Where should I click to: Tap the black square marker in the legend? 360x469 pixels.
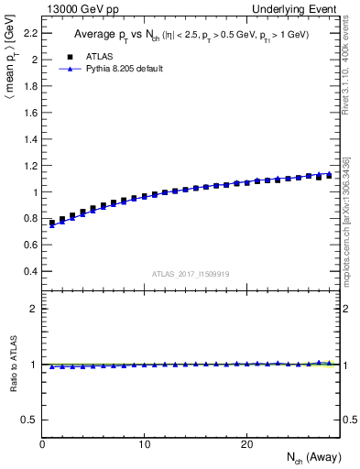coord(68,56)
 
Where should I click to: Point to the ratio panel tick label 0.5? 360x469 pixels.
coord(30,420)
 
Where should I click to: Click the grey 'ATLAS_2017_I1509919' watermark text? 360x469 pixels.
coord(191,273)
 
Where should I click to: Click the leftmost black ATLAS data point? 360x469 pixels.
coord(53,223)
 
